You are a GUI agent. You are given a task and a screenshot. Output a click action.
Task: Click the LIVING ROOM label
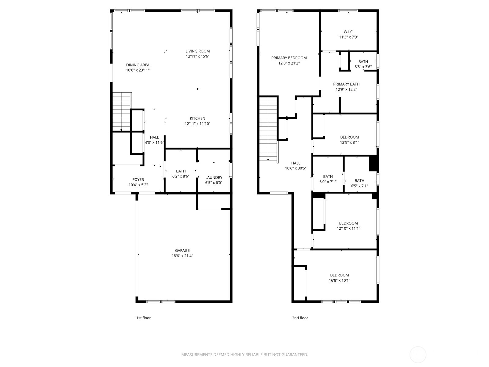click(197, 51)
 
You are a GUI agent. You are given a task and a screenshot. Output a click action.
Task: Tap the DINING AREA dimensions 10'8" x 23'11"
click(138, 70)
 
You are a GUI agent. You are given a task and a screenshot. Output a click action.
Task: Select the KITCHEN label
click(197, 118)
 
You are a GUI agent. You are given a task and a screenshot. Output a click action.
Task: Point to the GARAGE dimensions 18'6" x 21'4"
click(182, 256)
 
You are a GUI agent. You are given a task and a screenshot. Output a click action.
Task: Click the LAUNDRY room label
click(214, 177)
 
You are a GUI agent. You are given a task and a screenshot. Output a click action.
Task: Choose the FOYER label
click(138, 180)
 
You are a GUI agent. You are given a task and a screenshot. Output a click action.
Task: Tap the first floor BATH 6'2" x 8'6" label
click(181, 171)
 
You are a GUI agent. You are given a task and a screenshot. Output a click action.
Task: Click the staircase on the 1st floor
click(121, 112)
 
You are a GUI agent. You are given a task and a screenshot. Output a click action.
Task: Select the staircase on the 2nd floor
click(268, 128)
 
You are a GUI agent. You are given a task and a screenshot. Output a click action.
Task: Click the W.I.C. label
click(348, 32)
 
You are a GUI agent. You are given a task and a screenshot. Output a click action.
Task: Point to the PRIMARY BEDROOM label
click(289, 58)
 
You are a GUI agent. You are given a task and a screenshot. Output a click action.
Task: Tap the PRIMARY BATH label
click(346, 84)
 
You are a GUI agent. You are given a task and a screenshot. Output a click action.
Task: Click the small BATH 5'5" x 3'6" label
click(363, 62)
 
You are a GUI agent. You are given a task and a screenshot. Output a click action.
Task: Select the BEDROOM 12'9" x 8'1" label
click(350, 137)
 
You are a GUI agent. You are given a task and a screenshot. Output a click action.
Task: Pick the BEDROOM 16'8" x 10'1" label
click(339, 275)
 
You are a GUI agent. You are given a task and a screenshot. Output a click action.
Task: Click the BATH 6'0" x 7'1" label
click(328, 176)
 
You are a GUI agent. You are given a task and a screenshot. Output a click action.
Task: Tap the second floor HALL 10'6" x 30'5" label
click(296, 163)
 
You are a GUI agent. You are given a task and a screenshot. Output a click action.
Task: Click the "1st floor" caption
click(143, 318)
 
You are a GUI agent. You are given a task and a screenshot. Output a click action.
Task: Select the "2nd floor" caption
click(300, 318)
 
